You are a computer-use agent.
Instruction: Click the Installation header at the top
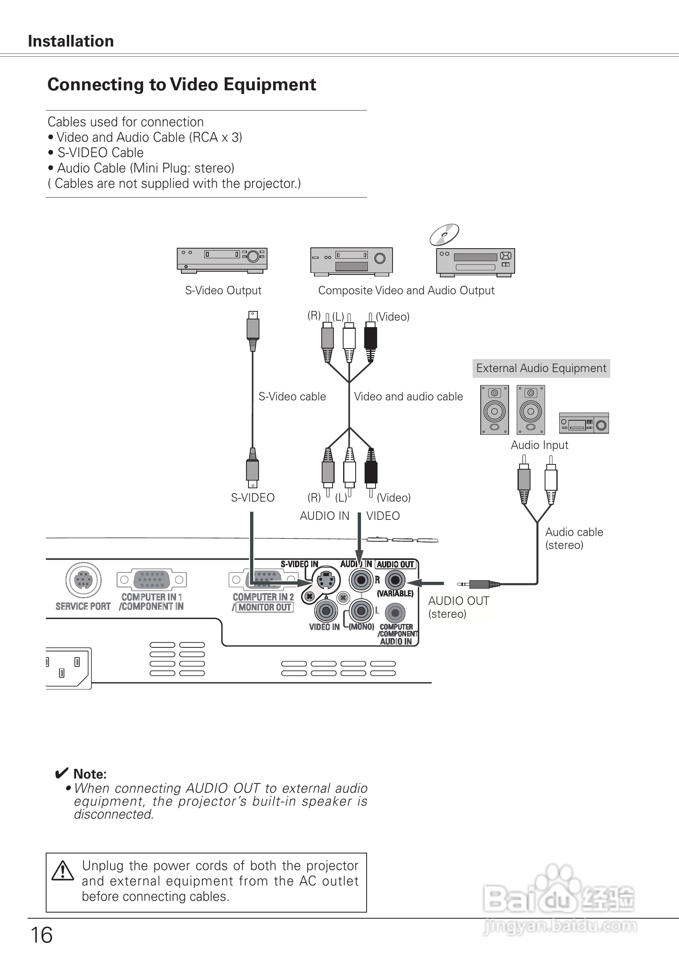click(70, 41)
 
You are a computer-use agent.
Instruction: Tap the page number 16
click(42, 934)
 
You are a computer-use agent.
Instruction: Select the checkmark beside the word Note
click(61, 773)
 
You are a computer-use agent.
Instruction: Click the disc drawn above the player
click(444, 234)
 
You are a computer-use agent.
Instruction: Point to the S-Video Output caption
click(223, 291)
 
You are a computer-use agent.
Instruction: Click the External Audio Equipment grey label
click(541, 368)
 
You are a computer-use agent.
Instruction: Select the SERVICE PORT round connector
click(83, 580)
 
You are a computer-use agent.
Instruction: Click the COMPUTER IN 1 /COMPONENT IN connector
click(151, 580)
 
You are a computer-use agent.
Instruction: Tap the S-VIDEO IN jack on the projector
click(326, 580)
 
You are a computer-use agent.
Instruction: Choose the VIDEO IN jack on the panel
click(326, 611)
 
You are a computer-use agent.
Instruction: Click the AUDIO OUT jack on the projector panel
click(395, 580)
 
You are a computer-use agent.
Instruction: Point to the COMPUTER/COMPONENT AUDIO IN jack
click(395, 613)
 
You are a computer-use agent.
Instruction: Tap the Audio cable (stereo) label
click(574, 538)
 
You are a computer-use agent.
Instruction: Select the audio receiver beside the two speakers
click(584, 423)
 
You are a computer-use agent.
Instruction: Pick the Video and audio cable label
click(408, 397)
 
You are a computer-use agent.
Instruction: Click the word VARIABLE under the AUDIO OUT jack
click(395, 594)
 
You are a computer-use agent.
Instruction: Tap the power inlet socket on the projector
click(67, 668)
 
